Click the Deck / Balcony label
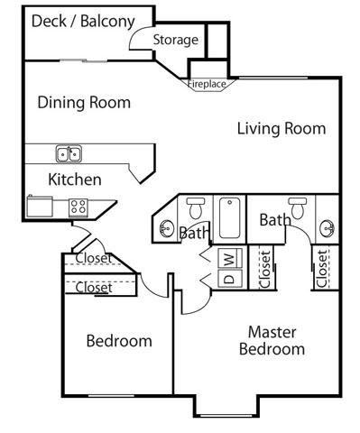coord(83,21)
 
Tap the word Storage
coord(175,40)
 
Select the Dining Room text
coord(84,102)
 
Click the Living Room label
coord(281,128)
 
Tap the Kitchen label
coord(74,180)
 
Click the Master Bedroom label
coord(272,340)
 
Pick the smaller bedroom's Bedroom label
coord(119,341)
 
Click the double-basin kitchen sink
coord(69,153)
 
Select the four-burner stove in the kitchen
coord(78,206)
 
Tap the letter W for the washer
coord(229,259)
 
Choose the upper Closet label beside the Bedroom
coord(94,259)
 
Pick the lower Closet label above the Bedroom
coord(94,288)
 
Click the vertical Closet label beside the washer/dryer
coord(265,268)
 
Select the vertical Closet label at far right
coord(322,268)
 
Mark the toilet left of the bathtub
coord(195,209)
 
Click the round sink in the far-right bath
coord(326,228)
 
